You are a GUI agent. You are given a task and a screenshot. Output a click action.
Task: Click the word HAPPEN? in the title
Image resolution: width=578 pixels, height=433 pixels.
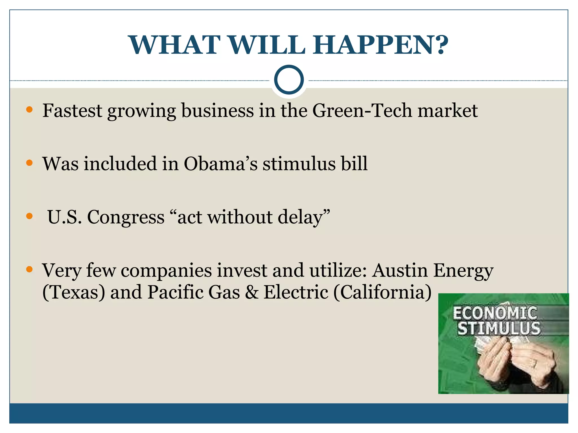click(x=380, y=45)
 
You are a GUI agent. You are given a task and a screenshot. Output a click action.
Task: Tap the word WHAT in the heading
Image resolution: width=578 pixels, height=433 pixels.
click(x=174, y=45)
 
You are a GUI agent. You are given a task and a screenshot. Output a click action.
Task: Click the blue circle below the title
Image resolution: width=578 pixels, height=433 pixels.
click(x=289, y=80)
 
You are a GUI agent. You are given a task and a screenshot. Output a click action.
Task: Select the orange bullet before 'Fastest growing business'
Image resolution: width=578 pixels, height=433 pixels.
click(x=29, y=110)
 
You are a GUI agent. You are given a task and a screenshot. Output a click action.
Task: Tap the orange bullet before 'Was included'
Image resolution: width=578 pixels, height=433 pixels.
click(x=29, y=163)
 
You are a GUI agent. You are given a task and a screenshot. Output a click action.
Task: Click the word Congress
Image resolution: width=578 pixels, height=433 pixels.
click(x=126, y=217)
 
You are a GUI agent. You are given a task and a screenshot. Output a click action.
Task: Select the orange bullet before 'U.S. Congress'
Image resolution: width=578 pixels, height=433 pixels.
click(x=29, y=216)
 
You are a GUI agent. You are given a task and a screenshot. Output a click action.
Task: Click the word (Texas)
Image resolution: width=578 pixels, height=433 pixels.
click(x=73, y=292)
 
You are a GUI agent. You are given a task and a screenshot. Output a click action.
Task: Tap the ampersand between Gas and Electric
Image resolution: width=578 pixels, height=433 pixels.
click(x=251, y=292)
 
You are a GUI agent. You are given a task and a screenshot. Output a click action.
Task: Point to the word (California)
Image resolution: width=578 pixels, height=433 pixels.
click(x=382, y=292)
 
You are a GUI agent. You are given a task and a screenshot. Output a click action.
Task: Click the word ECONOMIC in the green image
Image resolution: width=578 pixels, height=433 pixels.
click(x=495, y=313)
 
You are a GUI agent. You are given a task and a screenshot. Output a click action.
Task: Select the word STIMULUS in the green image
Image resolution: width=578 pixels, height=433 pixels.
click(x=499, y=328)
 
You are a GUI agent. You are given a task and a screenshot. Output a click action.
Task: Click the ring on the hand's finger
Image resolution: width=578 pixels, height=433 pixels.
click(x=534, y=364)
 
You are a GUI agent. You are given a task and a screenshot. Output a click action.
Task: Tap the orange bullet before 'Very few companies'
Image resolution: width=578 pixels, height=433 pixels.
click(x=29, y=269)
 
